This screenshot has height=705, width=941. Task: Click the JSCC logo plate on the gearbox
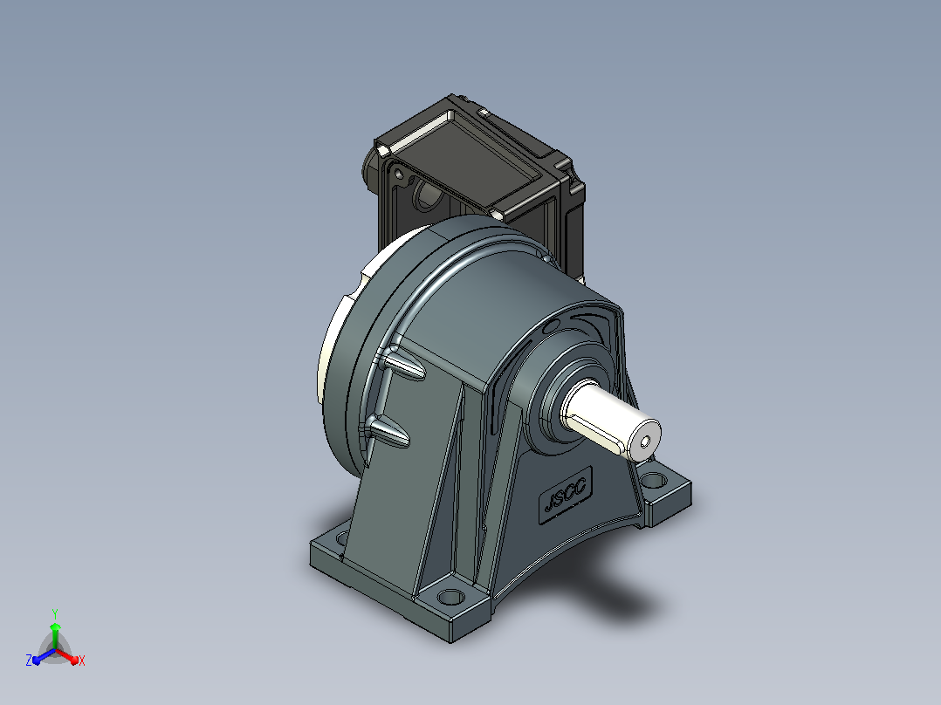click(566, 496)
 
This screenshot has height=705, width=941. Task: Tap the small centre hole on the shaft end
click(645, 442)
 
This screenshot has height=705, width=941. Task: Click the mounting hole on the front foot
click(450, 597)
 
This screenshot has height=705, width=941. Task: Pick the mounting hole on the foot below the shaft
click(656, 479)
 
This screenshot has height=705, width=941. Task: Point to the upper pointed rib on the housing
click(403, 365)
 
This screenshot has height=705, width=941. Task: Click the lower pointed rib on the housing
click(387, 431)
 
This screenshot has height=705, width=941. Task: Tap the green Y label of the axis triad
click(55, 613)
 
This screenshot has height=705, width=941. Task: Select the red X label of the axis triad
click(82, 661)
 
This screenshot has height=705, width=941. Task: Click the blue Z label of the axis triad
click(29, 660)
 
